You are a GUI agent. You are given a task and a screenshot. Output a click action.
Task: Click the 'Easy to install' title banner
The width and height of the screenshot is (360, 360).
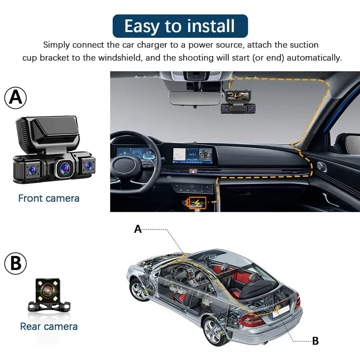click(x=180, y=26)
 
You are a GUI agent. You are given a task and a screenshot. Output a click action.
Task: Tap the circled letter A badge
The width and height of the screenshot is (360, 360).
click(x=16, y=98)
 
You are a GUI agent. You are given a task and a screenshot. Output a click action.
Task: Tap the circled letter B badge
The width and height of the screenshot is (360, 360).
click(x=16, y=264)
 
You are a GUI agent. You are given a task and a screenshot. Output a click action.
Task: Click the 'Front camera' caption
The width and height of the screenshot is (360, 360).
click(x=49, y=198)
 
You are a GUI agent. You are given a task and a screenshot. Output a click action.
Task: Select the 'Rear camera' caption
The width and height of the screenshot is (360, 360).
click(x=49, y=326)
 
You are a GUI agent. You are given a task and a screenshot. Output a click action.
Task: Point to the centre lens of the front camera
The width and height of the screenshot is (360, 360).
click(x=63, y=168)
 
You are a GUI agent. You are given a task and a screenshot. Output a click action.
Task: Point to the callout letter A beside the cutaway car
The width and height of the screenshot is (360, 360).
click(x=138, y=229)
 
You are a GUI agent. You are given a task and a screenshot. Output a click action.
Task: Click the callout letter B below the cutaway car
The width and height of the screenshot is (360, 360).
click(x=315, y=341)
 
